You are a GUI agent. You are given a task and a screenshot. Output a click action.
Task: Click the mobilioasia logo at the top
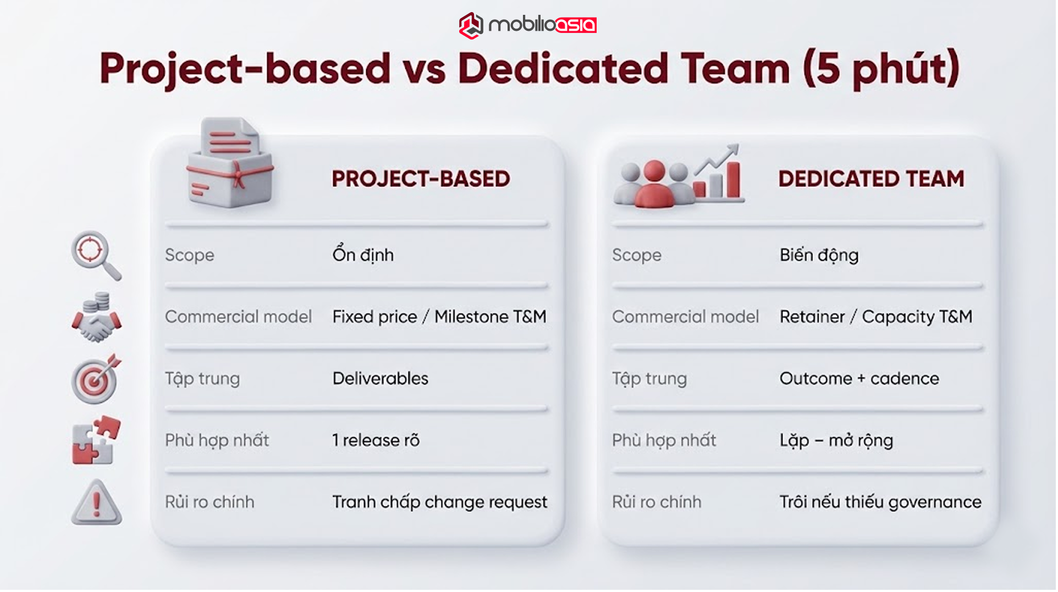tap(528, 25)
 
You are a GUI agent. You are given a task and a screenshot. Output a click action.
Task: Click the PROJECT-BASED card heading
tap(421, 179)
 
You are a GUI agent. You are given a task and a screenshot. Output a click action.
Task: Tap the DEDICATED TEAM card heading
tap(871, 179)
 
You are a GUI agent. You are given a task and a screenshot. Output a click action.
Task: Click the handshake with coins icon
tap(96, 318)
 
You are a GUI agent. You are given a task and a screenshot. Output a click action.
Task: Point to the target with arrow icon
tap(96, 379)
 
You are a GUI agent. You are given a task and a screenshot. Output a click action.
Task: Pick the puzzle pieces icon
tap(96, 440)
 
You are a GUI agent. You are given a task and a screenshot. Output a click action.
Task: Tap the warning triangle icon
tap(96, 502)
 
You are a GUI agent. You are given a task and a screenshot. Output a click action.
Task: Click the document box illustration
tap(230, 164)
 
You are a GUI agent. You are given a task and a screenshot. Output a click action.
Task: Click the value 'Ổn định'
tap(363, 254)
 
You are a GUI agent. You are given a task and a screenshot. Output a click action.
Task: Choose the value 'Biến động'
tap(819, 255)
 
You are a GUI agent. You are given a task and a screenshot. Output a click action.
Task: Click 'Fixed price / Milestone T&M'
tap(439, 317)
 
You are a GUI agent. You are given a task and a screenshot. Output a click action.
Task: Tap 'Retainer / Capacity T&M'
tap(876, 317)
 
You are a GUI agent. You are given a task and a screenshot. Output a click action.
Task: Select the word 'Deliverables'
tap(380, 378)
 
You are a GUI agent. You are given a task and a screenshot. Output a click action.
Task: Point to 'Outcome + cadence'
tap(859, 378)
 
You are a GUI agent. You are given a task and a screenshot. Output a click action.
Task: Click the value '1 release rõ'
tap(376, 440)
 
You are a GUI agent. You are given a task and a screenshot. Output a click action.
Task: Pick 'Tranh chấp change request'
tap(439, 502)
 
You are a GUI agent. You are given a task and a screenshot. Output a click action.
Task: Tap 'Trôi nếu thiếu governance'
tap(880, 502)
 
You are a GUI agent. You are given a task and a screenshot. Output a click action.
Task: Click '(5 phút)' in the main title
tap(881, 69)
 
